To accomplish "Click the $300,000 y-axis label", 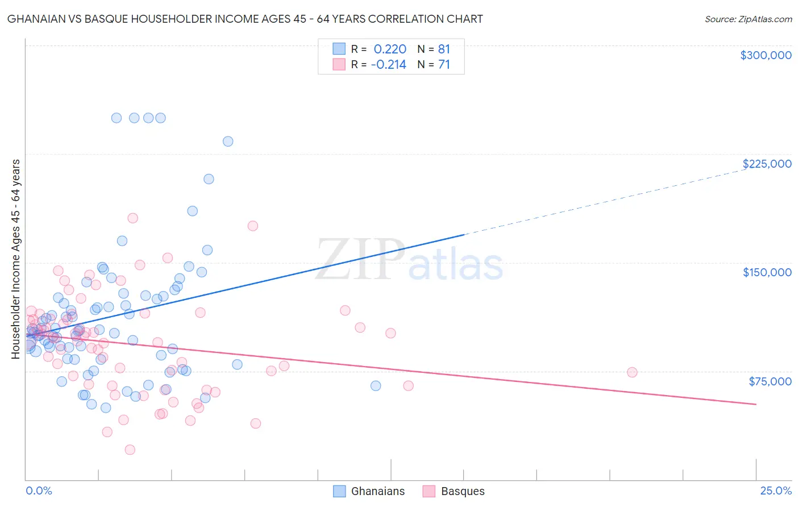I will (x=765, y=55).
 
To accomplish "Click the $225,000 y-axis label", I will (x=767, y=164).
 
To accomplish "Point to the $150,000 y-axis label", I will (x=767, y=272).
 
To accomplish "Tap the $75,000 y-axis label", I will (x=769, y=381).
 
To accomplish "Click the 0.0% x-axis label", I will (x=39, y=491).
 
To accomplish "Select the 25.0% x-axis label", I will (x=776, y=491).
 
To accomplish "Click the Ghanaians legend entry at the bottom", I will (x=378, y=491).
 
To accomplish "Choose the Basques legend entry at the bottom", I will (x=463, y=491).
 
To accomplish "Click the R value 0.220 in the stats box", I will (x=390, y=49).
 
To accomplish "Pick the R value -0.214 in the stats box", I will (x=389, y=65).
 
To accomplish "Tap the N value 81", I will (x=444, y=49).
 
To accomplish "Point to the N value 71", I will (x=444, y=65).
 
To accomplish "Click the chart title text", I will (x=245, y=19).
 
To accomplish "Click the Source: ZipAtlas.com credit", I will (x=748, y=19).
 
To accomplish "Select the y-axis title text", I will (x=16, y=259).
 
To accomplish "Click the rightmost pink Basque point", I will (x=632, y=372).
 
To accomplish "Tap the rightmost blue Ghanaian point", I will (x=376, y=385).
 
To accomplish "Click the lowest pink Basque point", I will (x=130, y=450).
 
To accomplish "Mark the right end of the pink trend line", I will (x=756, y=404).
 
